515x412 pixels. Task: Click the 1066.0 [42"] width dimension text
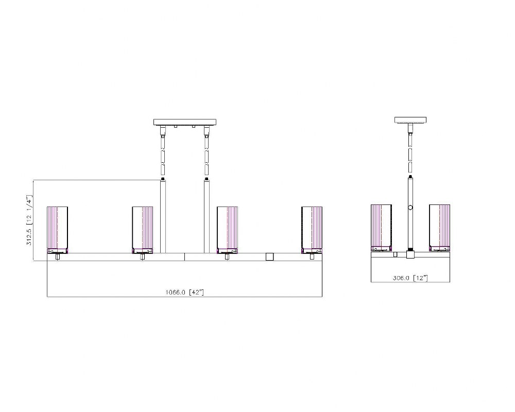pyautogui.click(x=184, y=292)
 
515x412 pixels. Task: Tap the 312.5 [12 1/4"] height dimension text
pyautogui.click(x=29, y=220)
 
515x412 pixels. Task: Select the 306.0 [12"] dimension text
pyautogui.click(x=410, y=278)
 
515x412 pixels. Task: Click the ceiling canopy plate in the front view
pyautogui.click(x=185, y=122)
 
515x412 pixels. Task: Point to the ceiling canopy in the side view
pyautogui.click(x=410, y=120)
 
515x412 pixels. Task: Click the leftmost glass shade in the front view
pyautogui.click(x=58, y=230)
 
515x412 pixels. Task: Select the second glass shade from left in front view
pyautogui.click(x=143, y=230)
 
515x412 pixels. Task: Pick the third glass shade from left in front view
pyautogui.click(x=227, y=230)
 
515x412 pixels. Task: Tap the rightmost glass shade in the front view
pyautogui.click(x=312, y=230)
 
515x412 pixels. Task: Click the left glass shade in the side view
pyautogui.click(x=381, y=228)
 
